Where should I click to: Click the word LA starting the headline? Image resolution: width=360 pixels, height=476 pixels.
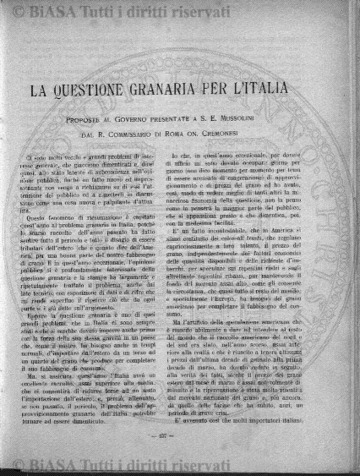44,90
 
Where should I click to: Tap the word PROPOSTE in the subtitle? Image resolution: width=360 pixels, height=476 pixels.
85,121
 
